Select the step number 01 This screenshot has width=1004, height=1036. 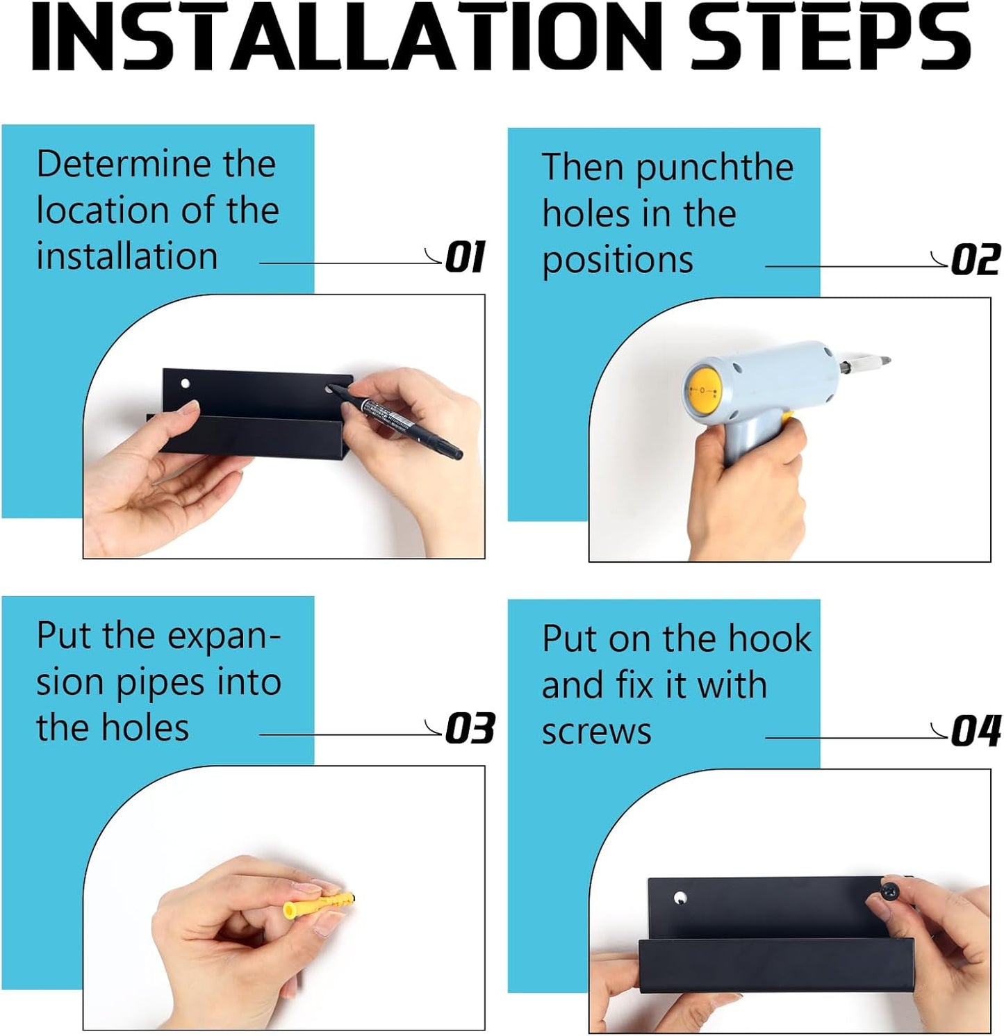[x=465, y=258]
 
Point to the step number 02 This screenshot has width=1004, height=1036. [x=976, y=261]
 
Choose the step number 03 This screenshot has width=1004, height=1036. [x=470, y=729]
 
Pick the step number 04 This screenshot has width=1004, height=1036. [x=976, y=732]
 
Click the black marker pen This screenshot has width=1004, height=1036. [x=396, y=420]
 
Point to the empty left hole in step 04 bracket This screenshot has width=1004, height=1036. [x=680, y=898]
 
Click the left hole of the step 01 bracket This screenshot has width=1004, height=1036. [x=186, y=384]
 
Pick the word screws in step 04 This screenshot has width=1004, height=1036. [x=597, y=732]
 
